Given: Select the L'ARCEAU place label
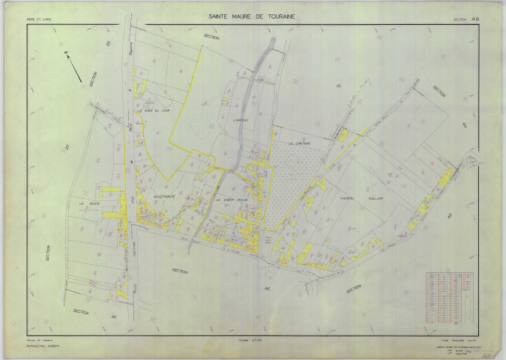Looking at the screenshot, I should (240, 121).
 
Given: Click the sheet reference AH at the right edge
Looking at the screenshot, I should (464, 124).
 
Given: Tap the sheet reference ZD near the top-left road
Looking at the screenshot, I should (109, 45).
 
